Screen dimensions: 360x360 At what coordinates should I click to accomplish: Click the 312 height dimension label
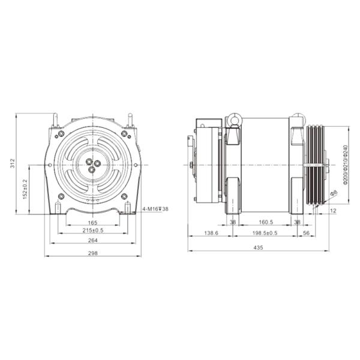[x=13, y=163]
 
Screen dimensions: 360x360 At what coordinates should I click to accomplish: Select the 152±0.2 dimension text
[x=25, y=189]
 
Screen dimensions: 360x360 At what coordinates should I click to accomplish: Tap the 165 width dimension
[x=92, y=223]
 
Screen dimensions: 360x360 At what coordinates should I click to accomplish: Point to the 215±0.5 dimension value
[x=93, y=230]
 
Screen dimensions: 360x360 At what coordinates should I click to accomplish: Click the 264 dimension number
[x=93, y=240]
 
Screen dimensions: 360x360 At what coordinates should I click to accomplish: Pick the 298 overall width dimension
[x=93, y=253]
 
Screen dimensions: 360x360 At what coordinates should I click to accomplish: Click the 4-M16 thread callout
[x=155, y=209]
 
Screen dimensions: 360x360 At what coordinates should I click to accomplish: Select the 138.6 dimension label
[x=211, y=233]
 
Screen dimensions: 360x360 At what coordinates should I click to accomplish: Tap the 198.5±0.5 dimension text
[x=265, y=233]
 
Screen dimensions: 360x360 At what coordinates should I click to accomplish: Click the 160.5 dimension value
[x=266, y=222]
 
